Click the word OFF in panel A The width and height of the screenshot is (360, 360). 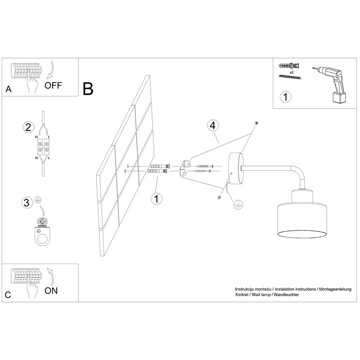[54, 85]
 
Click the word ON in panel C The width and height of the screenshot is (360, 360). [51, 290]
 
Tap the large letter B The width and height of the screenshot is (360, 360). [88, 89]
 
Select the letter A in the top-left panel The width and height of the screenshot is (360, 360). [8, 89]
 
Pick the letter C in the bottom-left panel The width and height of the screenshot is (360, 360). [8, 295]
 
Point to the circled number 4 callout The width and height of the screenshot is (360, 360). [213, 125]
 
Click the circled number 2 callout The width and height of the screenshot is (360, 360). [28, 127]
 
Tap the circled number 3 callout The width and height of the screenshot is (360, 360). [28, 202]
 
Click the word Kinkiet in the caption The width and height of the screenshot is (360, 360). [243, 294]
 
